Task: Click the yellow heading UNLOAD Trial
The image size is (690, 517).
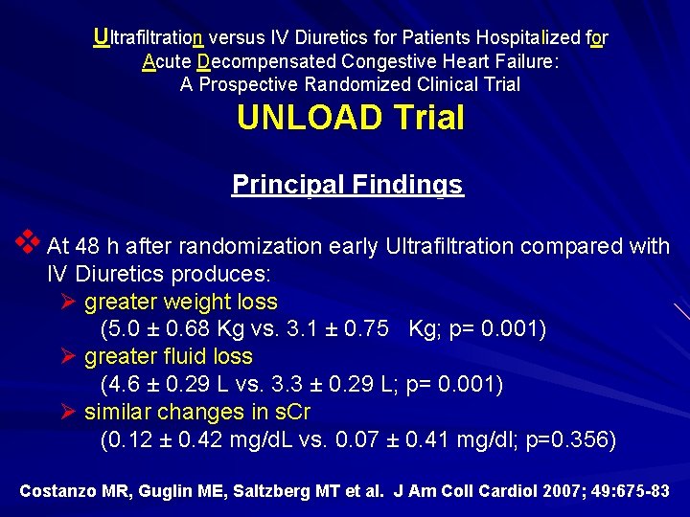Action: pyautogui.click(x=351, y=118)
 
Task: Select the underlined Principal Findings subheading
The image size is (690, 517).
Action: pyautogui.click(x=347, y=184)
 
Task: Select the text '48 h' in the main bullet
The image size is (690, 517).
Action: pyautogui.click(x=95, y=246)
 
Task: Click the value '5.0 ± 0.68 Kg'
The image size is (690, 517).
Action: pyautogui.click(x=168, y=329)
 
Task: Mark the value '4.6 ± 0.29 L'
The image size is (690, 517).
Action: pyautogui.click(x=164, y=385)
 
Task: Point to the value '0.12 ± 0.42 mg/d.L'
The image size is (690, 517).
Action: pyautogui.click(x=195, y=440)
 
